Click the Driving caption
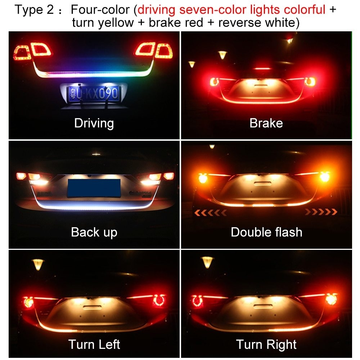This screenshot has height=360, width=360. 94,123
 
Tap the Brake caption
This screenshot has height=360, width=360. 266,123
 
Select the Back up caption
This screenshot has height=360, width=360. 94,232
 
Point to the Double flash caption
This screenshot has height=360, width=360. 266,232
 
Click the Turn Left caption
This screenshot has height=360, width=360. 94,345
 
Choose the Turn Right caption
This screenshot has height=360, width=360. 266,345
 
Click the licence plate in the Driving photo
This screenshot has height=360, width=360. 94,94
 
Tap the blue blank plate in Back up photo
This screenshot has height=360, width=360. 94,188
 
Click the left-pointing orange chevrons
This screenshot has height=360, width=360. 211,213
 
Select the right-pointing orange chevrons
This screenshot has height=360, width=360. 321,212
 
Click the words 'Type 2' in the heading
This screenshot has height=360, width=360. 34,10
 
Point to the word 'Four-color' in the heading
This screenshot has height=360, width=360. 100,10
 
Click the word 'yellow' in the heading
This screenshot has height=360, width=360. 116,23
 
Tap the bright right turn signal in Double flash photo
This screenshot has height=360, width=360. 324,177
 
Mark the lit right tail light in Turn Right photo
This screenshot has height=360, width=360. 331,299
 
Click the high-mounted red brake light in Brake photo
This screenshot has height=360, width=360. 262,68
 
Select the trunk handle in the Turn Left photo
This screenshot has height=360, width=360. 93,307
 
